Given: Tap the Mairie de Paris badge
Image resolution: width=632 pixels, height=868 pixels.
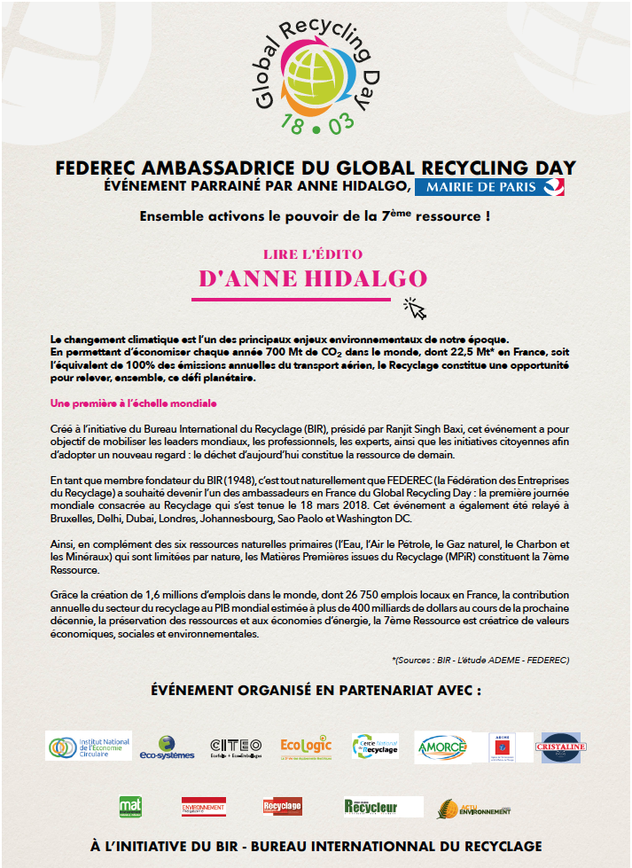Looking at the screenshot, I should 490,186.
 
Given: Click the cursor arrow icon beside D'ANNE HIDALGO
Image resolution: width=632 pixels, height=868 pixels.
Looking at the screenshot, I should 416,308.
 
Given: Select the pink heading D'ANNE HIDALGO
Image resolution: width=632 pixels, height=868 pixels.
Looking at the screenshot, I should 313,278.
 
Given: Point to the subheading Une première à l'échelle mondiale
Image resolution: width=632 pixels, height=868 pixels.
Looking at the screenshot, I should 134,403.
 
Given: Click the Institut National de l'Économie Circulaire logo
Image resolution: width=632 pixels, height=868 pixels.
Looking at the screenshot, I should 89,746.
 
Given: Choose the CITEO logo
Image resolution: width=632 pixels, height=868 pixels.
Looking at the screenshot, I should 236,747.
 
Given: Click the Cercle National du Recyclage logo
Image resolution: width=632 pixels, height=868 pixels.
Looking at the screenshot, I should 375,747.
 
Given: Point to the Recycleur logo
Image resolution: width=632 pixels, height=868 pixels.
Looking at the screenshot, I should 383,807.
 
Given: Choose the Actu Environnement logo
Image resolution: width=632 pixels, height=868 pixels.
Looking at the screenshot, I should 474,808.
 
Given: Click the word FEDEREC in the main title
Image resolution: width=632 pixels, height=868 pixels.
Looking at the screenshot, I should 95,168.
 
